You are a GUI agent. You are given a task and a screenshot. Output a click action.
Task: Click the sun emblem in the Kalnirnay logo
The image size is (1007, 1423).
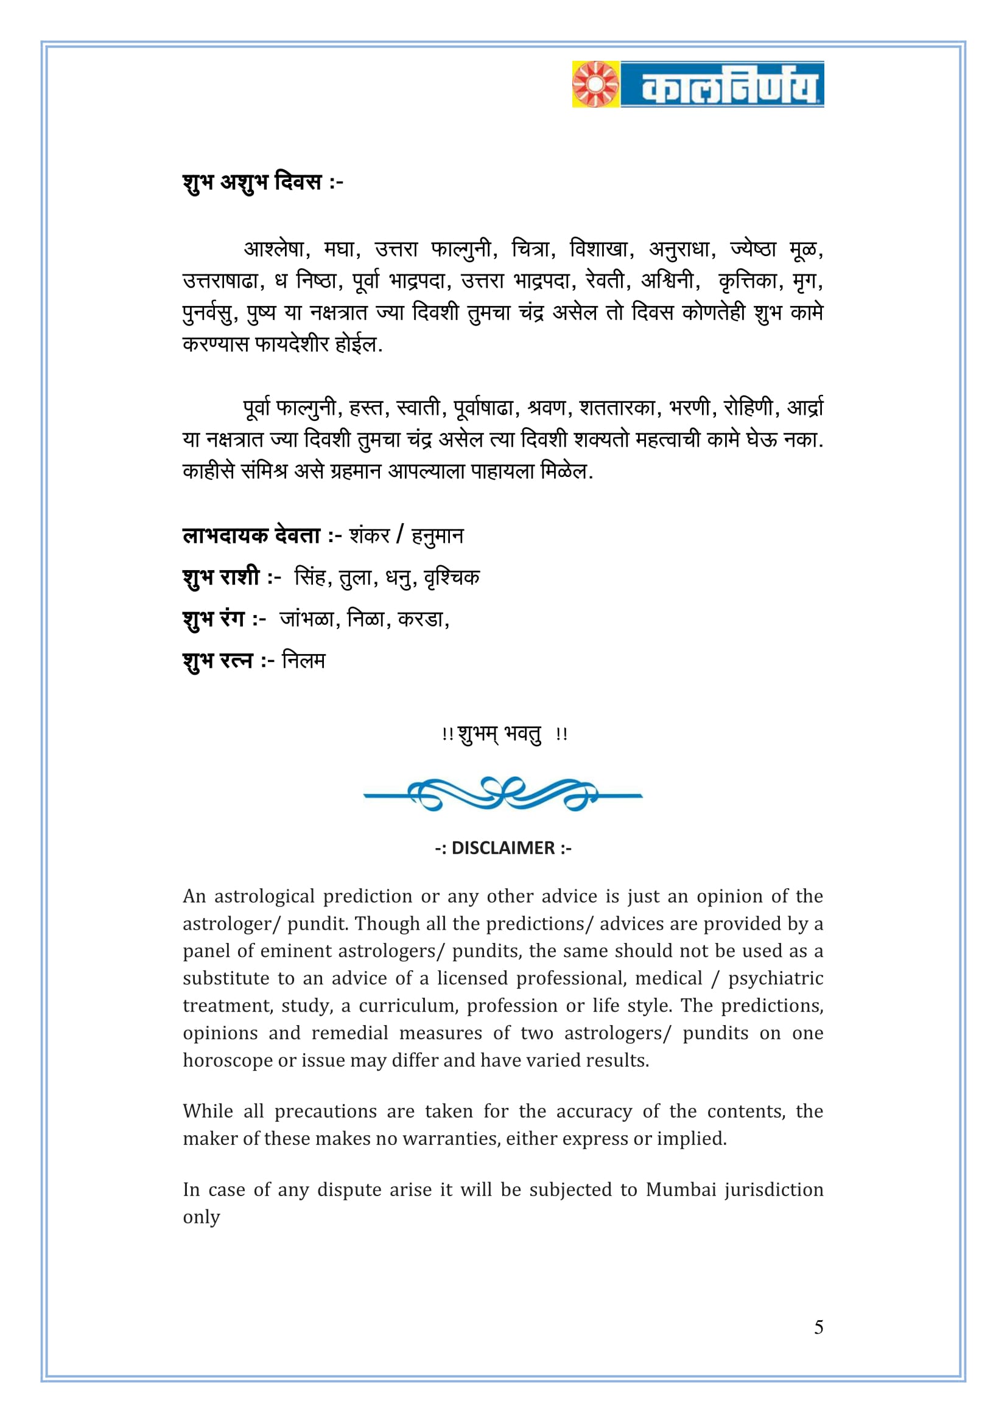click(x=595, y=85)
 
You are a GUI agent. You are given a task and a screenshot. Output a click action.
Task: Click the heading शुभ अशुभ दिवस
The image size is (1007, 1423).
click(x=252, y=183)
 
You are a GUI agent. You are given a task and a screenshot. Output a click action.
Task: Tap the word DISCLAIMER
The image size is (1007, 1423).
click(x=503, y=848)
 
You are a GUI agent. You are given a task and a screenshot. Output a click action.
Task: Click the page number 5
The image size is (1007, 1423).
click(x=818, y=1327)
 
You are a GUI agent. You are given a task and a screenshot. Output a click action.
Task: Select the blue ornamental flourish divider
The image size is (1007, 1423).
click(x=503, y=794)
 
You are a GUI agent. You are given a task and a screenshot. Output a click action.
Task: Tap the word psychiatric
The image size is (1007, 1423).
click(x=776, y=978)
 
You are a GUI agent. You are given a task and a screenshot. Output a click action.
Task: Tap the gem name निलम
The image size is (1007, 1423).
click(x=303, y=661)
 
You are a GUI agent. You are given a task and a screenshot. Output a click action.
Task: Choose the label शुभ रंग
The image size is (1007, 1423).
click(x=214, y=619)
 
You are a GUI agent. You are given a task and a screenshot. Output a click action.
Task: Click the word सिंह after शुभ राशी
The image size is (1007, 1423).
click(x=310, y=577)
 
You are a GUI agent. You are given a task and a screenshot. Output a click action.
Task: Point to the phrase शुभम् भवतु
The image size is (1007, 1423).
click(x=500, y=734)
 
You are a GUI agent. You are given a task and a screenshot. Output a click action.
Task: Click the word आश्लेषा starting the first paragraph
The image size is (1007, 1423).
click(x=275, y=249)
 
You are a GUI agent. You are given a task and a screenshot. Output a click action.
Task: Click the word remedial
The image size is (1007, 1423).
click(x=349, y=1033)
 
